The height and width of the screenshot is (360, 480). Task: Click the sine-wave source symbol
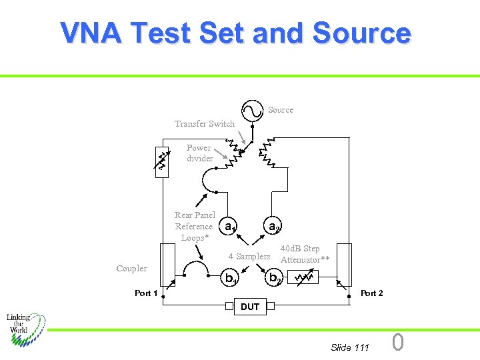coord(253,110)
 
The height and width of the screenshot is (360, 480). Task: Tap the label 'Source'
coord(281,110)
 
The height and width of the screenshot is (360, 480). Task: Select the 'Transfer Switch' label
coord(205,123)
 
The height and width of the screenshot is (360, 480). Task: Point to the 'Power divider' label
coord(199,153)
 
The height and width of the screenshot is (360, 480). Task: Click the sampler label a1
coord(229,227)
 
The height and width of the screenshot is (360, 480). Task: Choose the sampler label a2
coord(273,227)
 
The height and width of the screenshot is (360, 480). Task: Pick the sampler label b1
coord(231,278)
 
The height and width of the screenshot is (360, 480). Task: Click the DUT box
coord(249,307)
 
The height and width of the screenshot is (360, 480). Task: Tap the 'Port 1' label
coord(146,293)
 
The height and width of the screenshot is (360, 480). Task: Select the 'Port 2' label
coord(371,293)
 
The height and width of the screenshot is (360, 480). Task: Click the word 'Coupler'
coord(131,269)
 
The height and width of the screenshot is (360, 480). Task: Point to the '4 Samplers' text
coord(249,257)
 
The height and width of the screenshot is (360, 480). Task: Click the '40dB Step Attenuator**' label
coord(305,254)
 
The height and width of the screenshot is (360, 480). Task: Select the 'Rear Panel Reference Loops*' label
coord(195,226)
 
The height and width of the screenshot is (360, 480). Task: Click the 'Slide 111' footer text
coord(349,347)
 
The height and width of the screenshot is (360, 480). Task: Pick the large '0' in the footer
coord(397,343)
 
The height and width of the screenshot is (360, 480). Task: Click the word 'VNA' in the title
coord(91,33)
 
